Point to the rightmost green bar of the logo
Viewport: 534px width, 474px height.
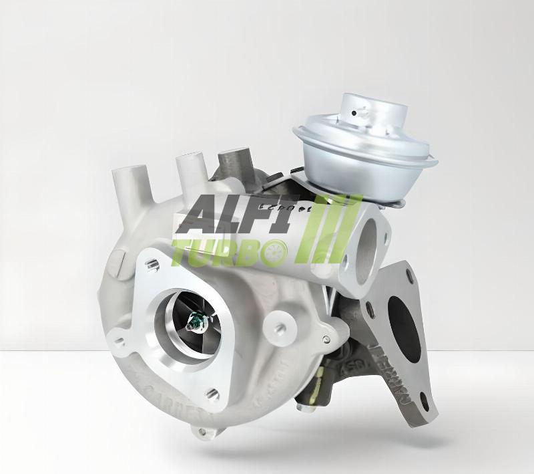coord(352,227)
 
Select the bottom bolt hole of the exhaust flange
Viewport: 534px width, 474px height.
coord(424,401)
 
